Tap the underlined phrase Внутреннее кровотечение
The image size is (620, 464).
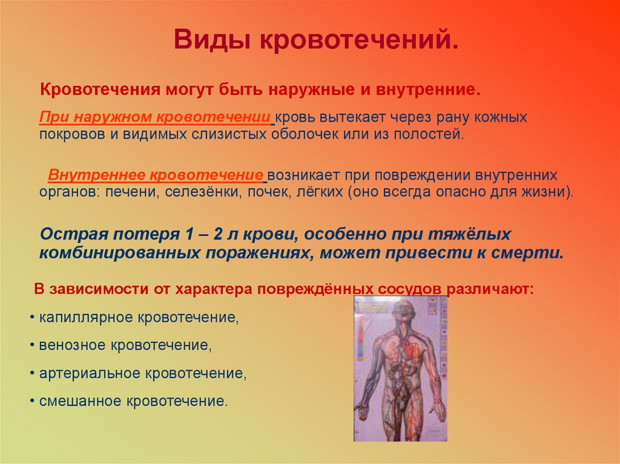(155, 175)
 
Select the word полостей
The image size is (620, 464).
(431, 133)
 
